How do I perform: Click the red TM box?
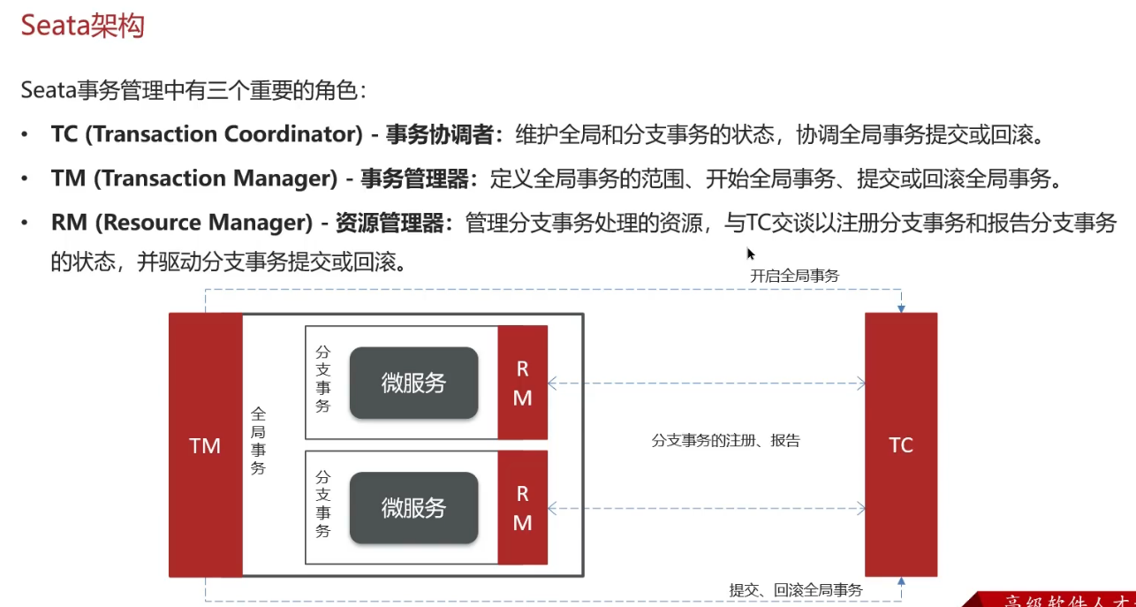205,445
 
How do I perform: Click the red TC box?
900,444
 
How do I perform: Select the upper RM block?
522,383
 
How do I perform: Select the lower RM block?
522,508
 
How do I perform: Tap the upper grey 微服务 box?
413,383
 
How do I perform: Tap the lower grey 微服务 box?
413,508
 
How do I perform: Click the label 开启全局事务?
794,276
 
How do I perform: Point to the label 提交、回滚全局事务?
795,589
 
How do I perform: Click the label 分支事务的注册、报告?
725,440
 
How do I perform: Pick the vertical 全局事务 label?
258,440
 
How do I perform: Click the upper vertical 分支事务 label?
322,378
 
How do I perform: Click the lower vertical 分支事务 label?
322,504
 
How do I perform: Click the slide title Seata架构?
82,26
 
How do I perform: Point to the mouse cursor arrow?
750,253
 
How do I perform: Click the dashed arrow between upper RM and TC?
707,383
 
